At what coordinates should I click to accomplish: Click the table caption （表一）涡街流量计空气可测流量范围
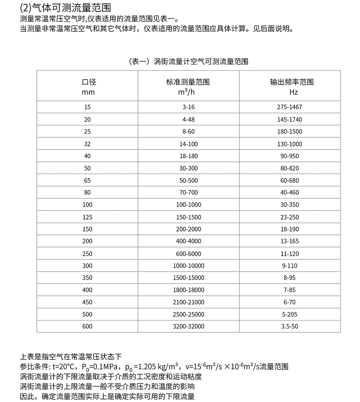[x=188, y=62]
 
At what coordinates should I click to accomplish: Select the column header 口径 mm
[x=87, y=87]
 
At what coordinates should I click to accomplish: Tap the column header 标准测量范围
[x=188, y=82]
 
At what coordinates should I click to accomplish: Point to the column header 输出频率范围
[x=292, y=82]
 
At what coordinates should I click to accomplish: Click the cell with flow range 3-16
[x=189, y=107]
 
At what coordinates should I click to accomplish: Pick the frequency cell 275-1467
[x=289, y=107]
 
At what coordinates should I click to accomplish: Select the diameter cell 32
[x=87, y=144]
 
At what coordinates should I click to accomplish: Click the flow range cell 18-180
[x=189, y=156]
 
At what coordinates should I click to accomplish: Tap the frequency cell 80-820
[x=289, y=168]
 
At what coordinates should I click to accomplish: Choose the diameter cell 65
[x=87, y=181]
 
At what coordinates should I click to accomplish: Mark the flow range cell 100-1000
[x=189, y=205]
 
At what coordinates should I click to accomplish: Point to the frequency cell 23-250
[x=289, y=217]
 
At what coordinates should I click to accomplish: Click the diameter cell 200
[x=87, y=241]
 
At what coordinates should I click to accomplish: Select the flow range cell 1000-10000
[x=189, y=266]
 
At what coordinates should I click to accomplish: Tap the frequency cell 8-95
[x=289, y=278]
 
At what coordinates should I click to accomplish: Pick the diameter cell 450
[x=87, y=302]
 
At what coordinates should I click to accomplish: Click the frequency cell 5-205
[x=289, y=315]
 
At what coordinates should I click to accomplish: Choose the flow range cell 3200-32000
[x=189, y=327]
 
